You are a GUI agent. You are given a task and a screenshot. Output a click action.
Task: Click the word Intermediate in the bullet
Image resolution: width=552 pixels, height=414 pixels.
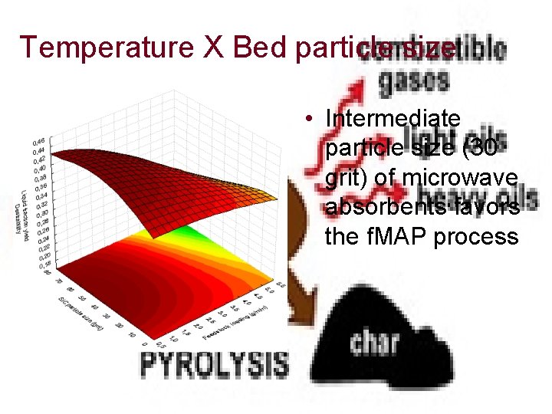tap(393, 119)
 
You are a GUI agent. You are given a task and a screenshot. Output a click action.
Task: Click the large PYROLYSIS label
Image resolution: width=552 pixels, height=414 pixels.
tap(214, 363)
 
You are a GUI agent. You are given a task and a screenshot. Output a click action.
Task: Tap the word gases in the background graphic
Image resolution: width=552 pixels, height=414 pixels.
tap(403, 80)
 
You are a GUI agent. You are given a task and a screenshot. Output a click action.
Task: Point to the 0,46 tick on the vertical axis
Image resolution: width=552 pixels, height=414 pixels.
tap(38, 141)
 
